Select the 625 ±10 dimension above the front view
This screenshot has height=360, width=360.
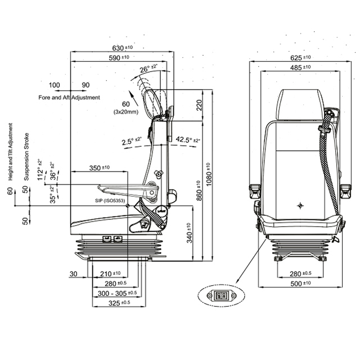coord(300,57)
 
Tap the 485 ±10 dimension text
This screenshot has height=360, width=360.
coord(300,67)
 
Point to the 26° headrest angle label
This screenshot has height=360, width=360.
coord(148,69)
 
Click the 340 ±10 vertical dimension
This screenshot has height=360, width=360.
coord(190,233)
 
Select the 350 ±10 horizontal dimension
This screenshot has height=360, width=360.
coord(100,168)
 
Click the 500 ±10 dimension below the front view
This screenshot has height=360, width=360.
coord(300,283)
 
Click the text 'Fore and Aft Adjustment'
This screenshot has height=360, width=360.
coord(69,97)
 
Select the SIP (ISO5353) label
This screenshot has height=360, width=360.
coord(110,200)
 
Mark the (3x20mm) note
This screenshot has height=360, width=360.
coord(126,112)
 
